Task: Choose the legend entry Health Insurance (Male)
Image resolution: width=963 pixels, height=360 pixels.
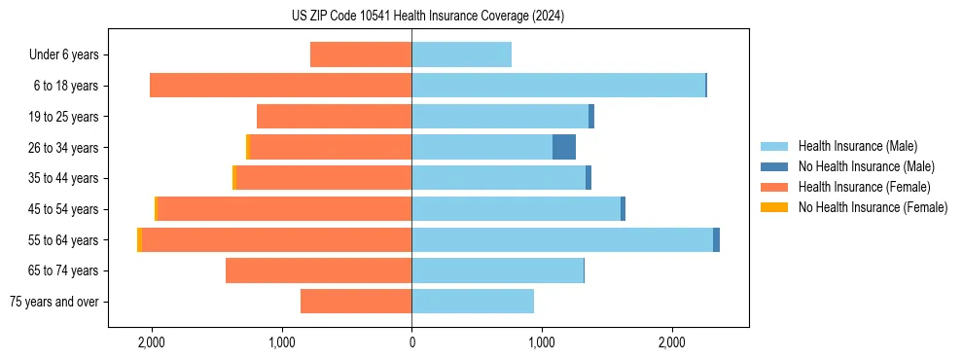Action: tap(856, 146)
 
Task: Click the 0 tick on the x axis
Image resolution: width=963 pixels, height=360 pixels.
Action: tap(411, 343)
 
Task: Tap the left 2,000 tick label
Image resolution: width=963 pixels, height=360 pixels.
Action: tap(152, 343)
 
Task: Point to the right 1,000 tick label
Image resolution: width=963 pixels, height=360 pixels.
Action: tap(542, 343)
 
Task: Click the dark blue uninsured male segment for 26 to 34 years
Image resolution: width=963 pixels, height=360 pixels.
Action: tap(564, 147)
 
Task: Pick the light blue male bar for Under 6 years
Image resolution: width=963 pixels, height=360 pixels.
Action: tap(461, 54)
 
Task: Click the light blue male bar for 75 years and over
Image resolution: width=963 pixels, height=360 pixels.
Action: tap(473, 302)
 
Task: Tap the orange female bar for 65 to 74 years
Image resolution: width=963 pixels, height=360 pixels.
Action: tap(318, 270)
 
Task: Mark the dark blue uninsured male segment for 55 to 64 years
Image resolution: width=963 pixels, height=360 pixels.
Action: tap(716, 240)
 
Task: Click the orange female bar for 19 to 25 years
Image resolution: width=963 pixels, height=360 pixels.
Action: tap(334, 117)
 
